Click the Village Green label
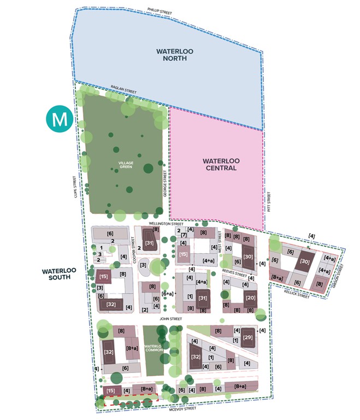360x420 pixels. point(126,164)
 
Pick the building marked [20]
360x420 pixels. point(250,298)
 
